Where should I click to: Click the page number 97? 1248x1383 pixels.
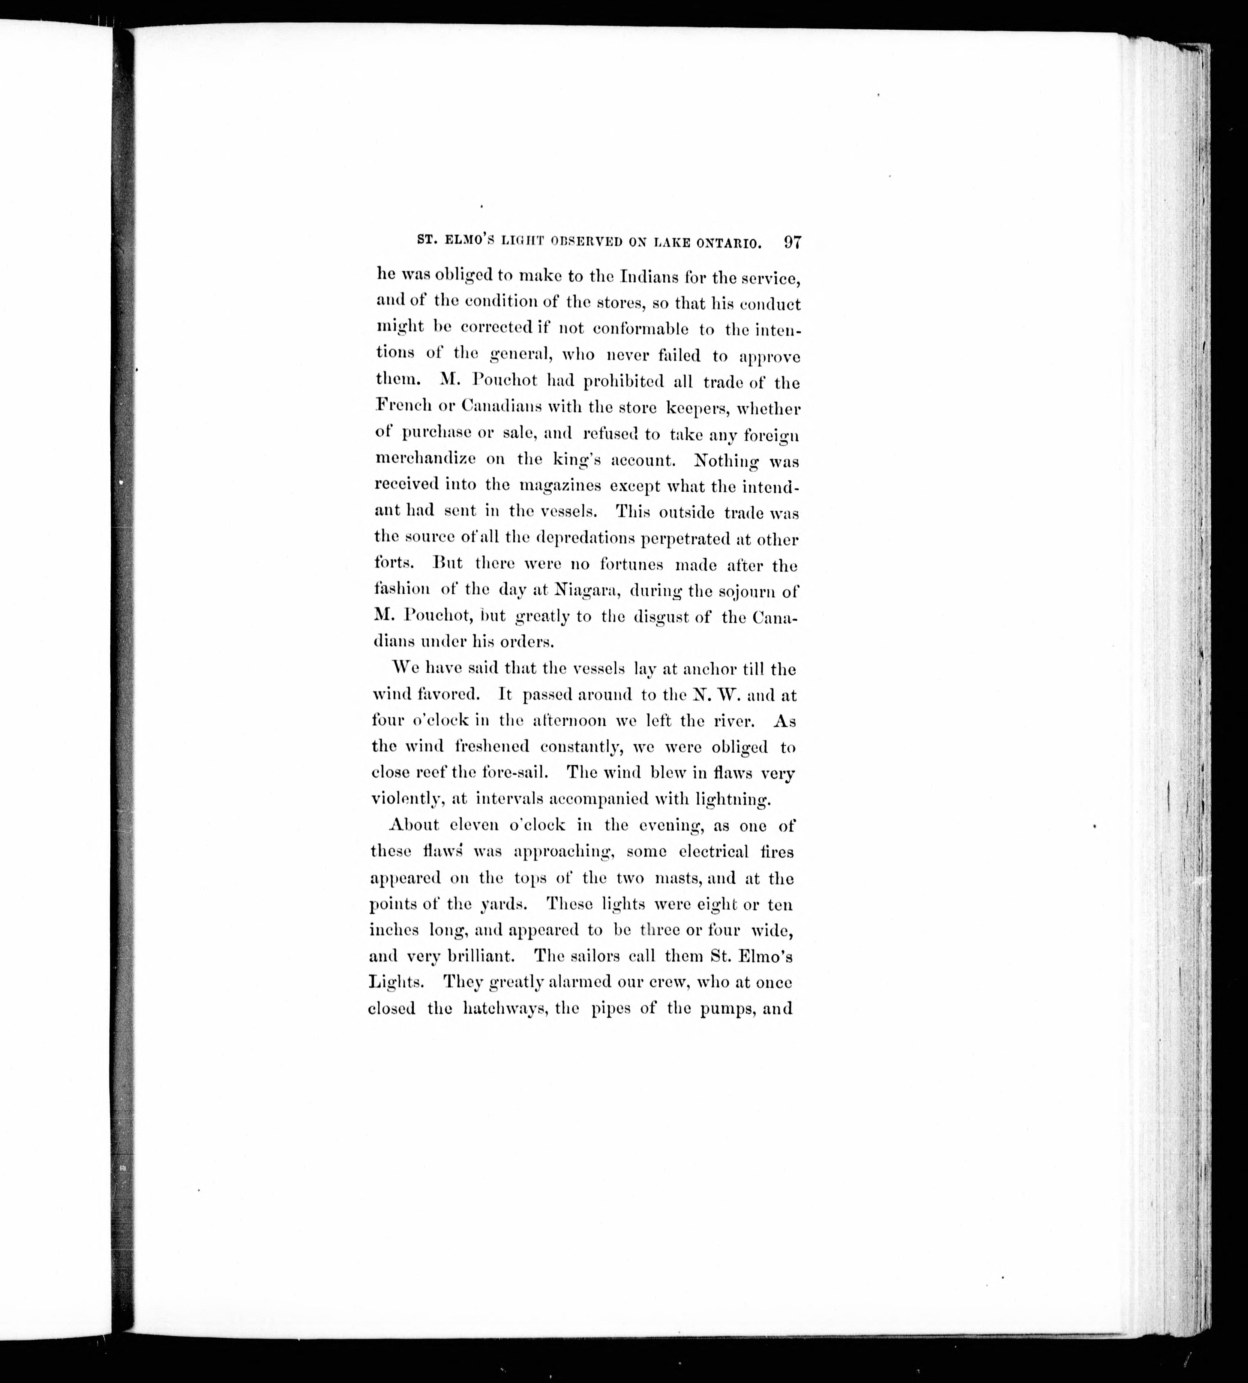tap(792, 243)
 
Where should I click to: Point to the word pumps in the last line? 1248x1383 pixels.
tap(727, 1009)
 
